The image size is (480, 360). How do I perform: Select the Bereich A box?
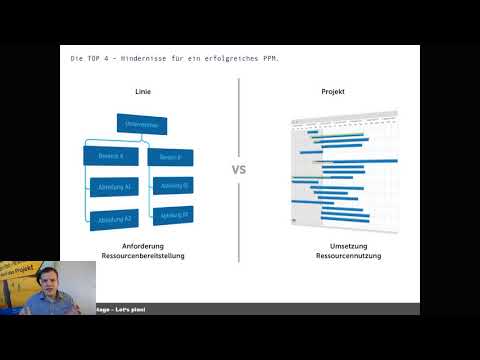pyautogui.click(x=111, y=157)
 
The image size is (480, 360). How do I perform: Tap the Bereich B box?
pyautogui.click(x=170, y=157)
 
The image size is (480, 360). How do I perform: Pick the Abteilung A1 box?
pyautogui.click(x=116, y=187)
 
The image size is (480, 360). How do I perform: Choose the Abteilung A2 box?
pyautogui.click(x=116, y=217)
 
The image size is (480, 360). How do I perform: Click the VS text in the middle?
pyautogui.click(x=239, y=170)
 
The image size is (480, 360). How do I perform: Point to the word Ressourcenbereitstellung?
pyautogui.click(x=143, y=256)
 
